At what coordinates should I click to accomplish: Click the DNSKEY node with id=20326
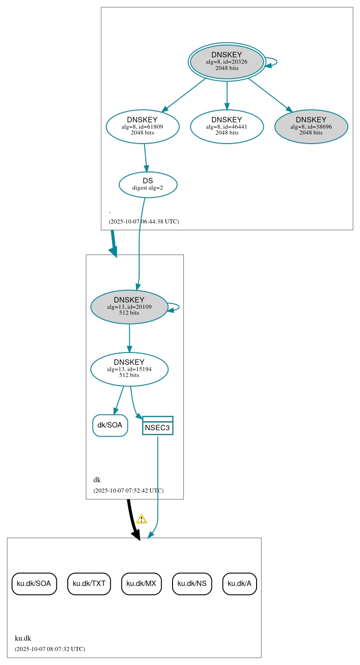tap(227, 61)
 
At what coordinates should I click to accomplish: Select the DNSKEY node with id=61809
tap(142, 126)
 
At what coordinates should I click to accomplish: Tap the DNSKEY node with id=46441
tap(227, 126)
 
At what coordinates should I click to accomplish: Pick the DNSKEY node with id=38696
tap(311, 126)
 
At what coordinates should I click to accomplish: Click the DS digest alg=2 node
tap(148, 184)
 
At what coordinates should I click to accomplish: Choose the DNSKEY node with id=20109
tap(129, 307)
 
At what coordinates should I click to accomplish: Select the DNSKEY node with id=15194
tap(129, 369)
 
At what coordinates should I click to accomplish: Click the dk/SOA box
tap(110, 425)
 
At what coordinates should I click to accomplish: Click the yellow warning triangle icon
tap(141, 519)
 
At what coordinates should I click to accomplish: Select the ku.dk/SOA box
tap(34, 584)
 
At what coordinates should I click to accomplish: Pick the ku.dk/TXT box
tap(89, 584)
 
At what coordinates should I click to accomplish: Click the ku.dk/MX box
tap(141, 584)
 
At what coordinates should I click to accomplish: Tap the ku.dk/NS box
tap(192, 584)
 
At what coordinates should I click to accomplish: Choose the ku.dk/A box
tap(239, 584)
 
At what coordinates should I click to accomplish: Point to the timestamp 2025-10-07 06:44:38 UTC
tap(144, 222)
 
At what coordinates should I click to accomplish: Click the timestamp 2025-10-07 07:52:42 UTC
tap(128, 491)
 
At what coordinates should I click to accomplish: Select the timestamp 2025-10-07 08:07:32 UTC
tap(50, 649)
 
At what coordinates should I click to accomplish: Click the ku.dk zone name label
tap(23, 638)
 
